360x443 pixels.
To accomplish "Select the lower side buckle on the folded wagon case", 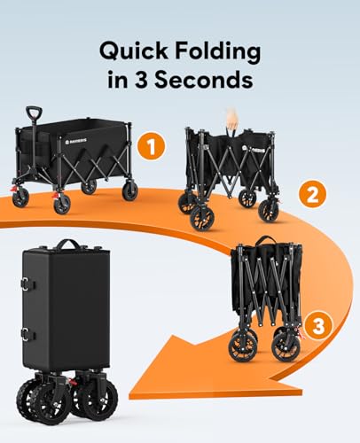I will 25,334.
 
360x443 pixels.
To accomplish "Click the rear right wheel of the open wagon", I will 130,190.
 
